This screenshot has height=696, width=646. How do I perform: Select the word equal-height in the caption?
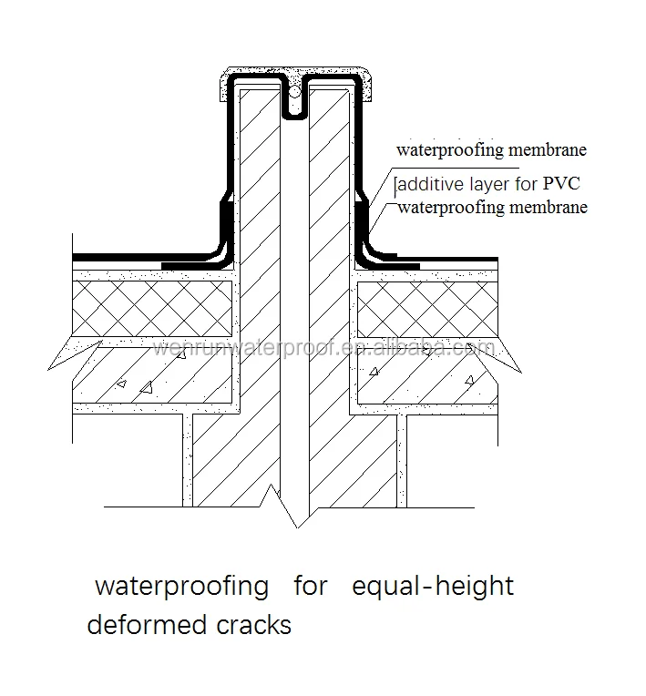click(x=433, y=586)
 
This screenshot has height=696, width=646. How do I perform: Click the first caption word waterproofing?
click(x=181, y=586)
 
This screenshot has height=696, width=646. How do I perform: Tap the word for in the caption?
click(x=310, y=586)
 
